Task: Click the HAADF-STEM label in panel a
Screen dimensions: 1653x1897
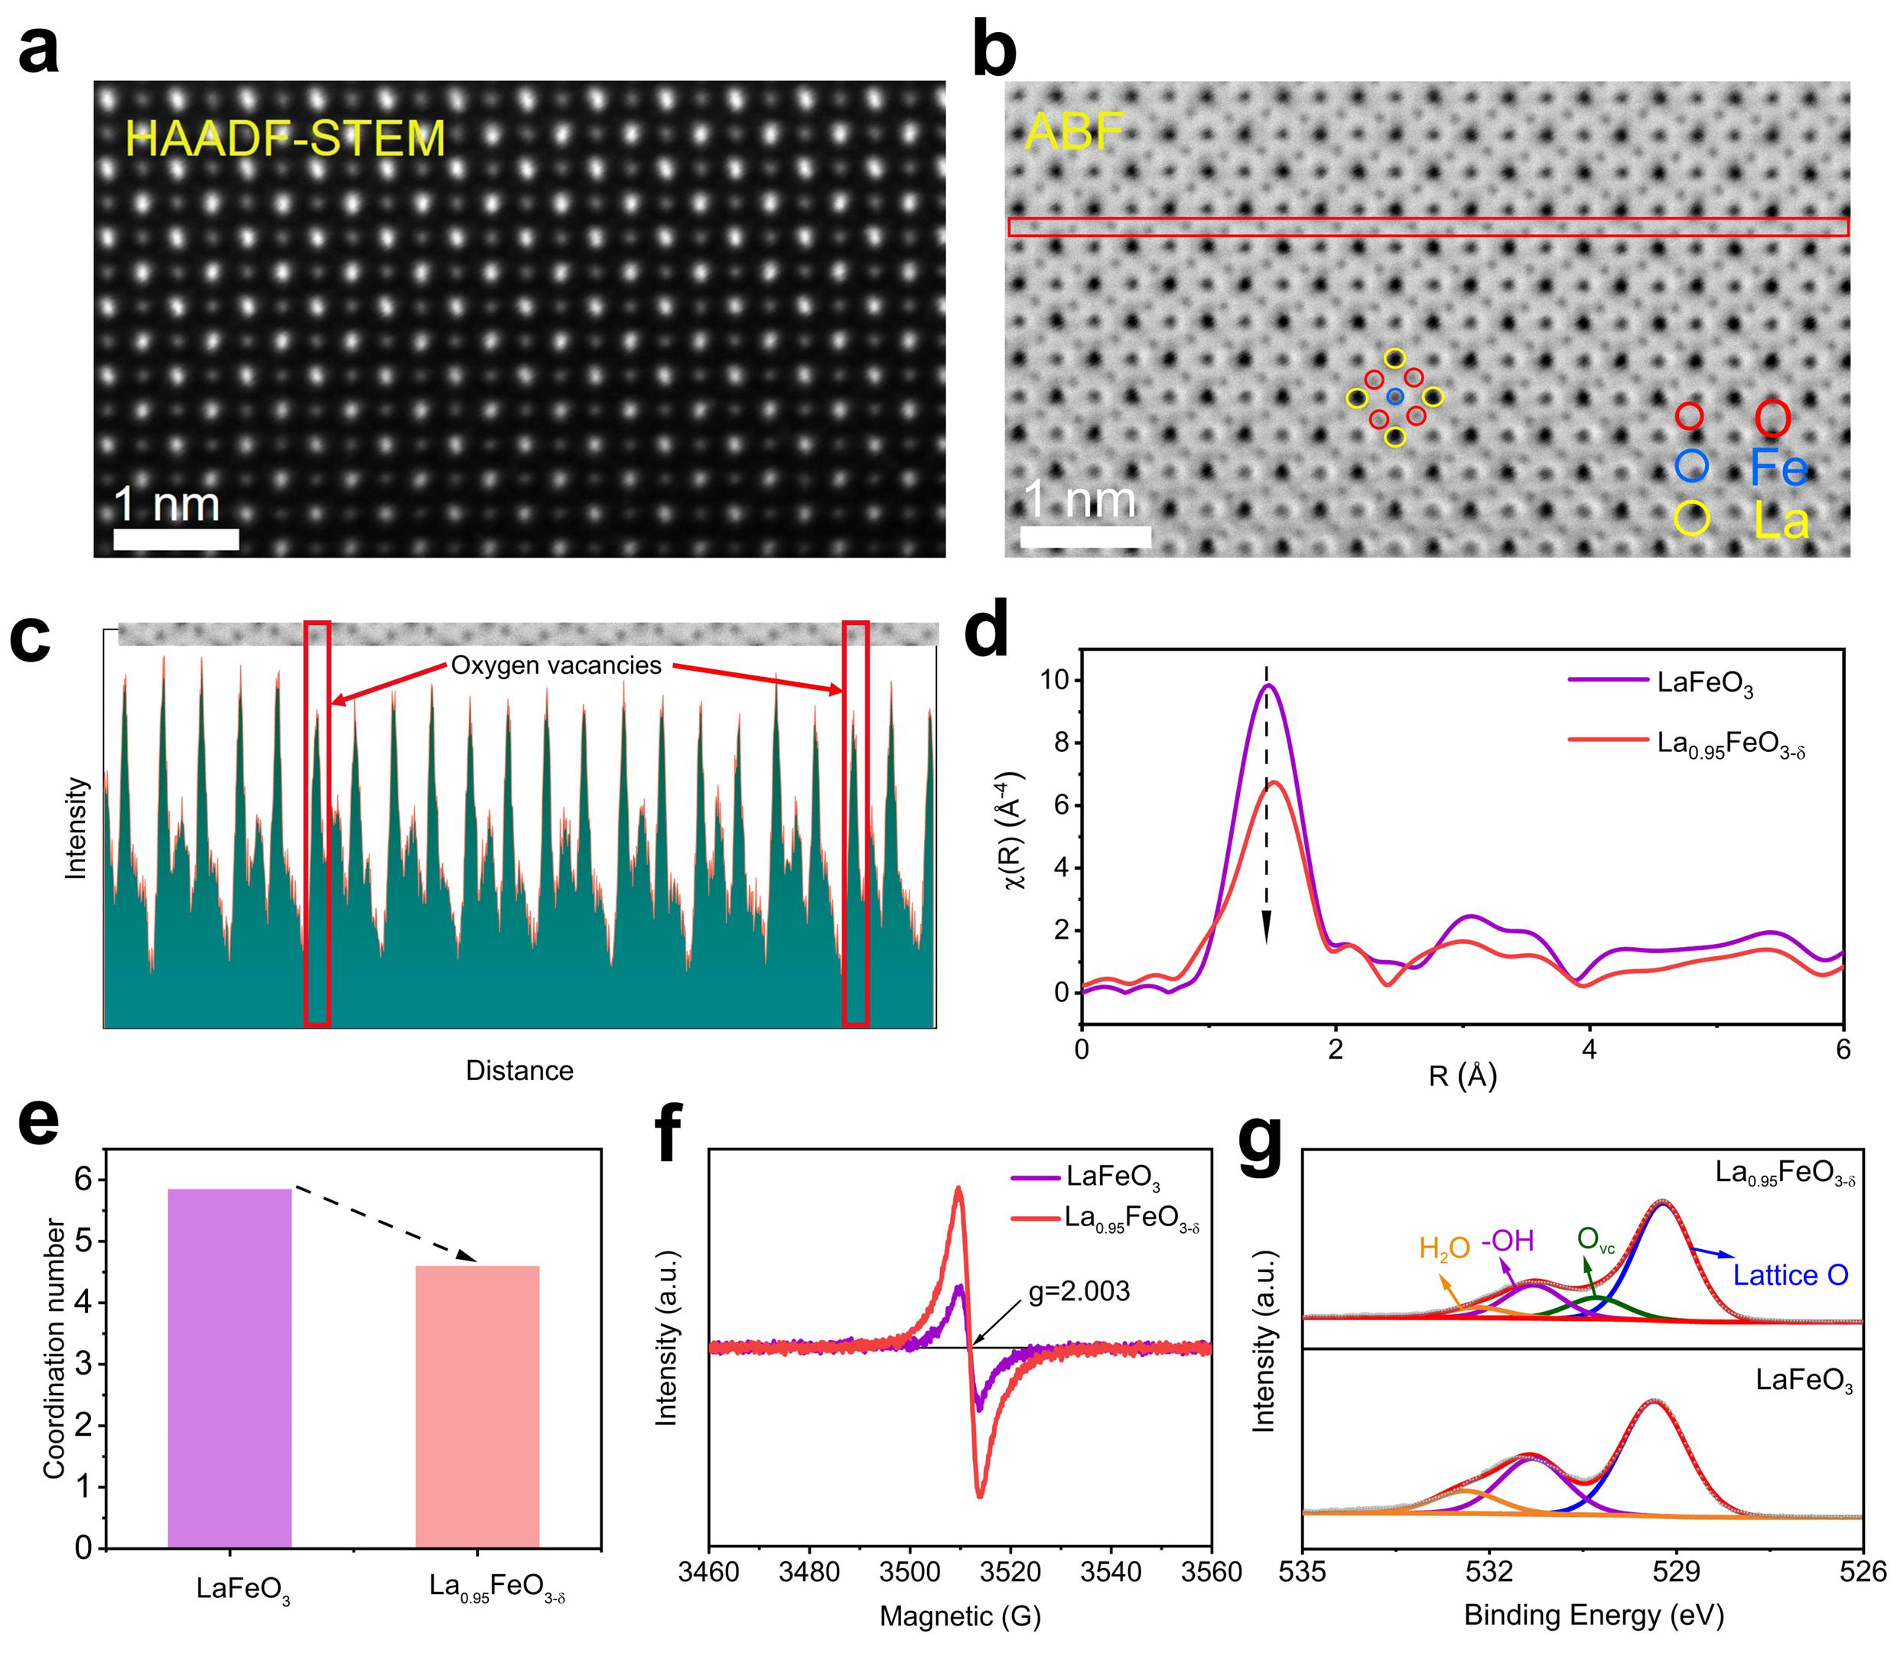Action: tap(285, 138)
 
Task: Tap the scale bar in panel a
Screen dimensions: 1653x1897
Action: tap(176, 539)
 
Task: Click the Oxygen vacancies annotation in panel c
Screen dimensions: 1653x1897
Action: tap(556, 665)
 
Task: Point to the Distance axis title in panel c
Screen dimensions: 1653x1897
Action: tap(519, 1070)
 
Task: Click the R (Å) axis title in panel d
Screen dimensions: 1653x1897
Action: tap(1462, 1075)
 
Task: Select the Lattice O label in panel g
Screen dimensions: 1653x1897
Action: tap(1790, 1276)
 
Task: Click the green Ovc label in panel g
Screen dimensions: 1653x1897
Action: tap(1596, 1240)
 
